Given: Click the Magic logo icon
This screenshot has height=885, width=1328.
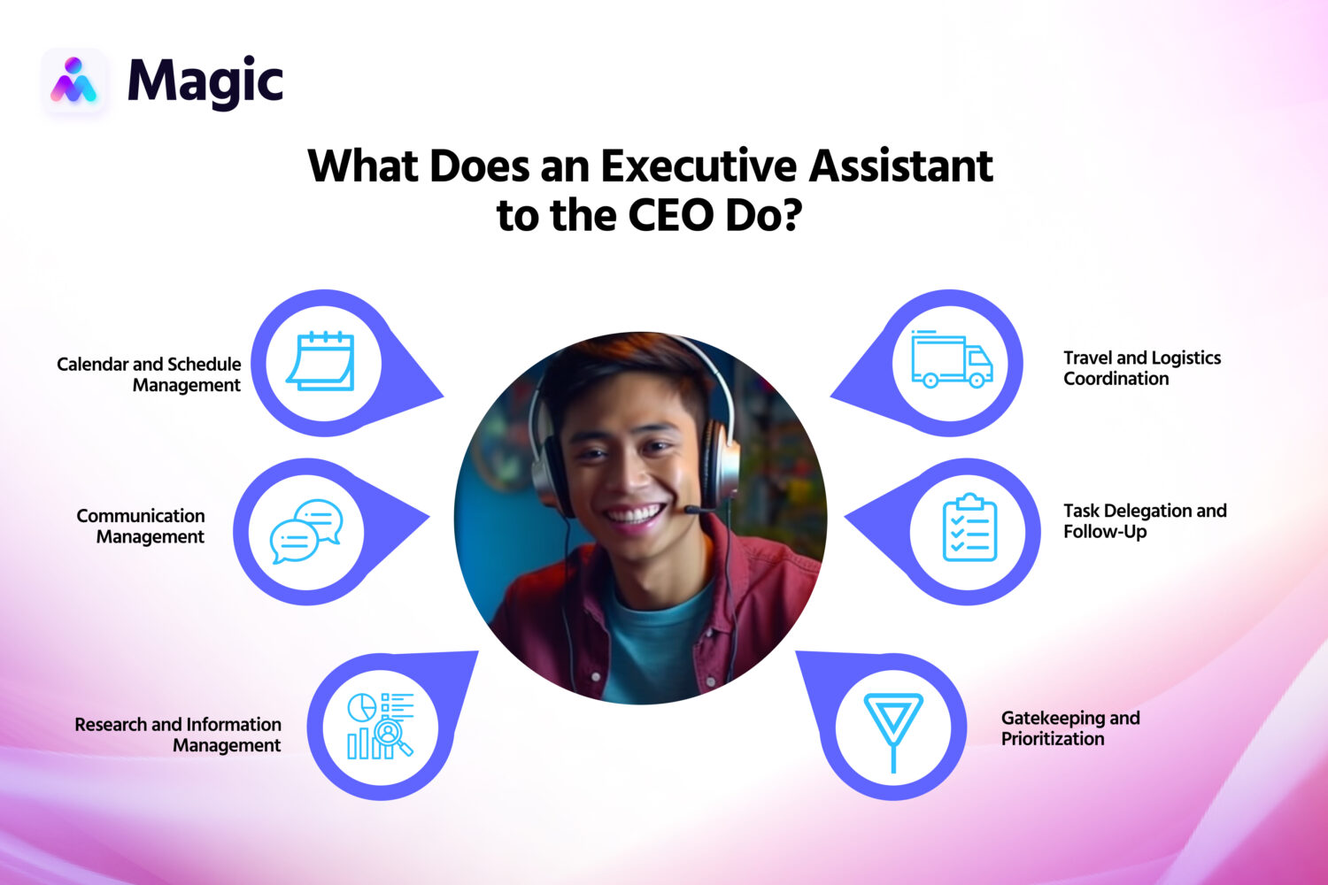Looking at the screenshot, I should tap(73, 81).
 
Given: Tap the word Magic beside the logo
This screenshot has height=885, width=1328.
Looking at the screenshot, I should tap(205, 82).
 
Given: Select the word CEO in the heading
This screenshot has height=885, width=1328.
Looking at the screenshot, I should tap(671, 215).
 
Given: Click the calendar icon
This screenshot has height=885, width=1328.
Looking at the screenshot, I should tap(320, 361).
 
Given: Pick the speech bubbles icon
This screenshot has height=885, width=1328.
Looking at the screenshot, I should tap(305, 531).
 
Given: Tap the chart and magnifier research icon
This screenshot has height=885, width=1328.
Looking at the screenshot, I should tap(380, 726).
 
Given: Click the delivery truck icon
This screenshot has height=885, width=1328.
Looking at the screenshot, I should tap(952, 360).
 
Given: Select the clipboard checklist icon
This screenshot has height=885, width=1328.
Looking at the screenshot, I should tap(969, 528).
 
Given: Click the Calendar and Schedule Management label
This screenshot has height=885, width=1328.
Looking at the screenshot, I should tap(150, 374).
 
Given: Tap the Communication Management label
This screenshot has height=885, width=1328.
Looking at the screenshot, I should tap(142, 526).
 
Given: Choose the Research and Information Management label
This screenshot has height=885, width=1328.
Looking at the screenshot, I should tap(179, 735).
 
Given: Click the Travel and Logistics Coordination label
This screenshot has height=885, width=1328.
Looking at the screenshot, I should tap(1141, 368).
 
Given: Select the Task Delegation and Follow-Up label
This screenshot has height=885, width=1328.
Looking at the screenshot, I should tap(1144, 521).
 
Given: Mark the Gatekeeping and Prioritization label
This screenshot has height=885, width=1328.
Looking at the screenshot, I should tap(1069, 728).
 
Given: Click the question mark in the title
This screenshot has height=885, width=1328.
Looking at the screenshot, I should tap(787, 215).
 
